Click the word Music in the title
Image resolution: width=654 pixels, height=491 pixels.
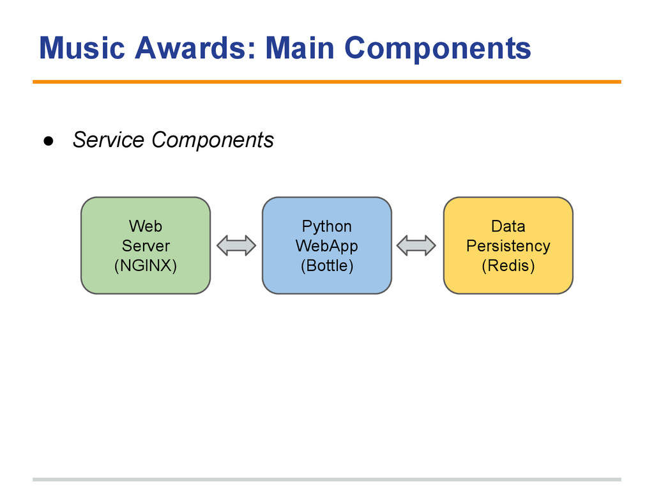point(82,47)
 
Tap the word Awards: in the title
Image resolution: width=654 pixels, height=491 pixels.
point(195,47)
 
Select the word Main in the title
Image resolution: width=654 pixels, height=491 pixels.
point(300,47)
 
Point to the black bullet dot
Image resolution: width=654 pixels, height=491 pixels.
point(49,141)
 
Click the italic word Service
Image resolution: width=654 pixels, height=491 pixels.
point(109,139)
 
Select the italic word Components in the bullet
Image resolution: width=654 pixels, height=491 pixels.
point(213,140)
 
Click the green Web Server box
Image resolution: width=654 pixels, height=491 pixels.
point(146,245)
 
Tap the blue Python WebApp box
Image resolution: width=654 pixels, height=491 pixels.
point(327,245)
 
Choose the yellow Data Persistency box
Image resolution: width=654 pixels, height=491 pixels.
point(508,245)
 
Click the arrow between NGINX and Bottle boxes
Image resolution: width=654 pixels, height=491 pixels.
point(236,245)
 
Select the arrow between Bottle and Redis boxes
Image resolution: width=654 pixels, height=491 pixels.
point(416,245)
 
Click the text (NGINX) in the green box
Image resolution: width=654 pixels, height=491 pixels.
point(146,265)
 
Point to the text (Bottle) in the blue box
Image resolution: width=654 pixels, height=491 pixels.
point(327,265)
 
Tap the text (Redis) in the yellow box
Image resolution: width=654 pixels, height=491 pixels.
point(508,265)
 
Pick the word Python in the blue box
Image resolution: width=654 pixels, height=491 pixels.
point(327,227)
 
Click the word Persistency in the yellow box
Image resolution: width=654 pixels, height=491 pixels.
point(508,246)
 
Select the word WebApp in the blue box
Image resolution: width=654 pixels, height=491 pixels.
point(327,246)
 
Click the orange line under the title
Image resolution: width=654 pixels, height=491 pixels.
point(327,82)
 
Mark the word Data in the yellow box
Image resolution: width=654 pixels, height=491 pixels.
point(508,226)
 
